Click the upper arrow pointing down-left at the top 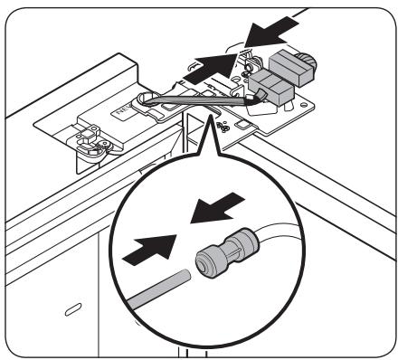point(273,33)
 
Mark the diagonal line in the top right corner point(353,17)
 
